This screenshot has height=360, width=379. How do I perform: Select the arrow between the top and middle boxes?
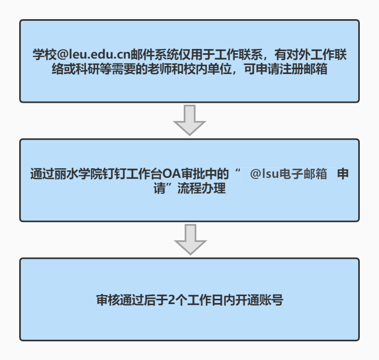(190, 120)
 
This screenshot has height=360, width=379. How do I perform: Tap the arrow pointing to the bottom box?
(190, 239)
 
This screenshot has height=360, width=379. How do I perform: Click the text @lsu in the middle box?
(265, 174)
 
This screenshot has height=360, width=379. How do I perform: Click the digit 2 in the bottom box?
(171, 300)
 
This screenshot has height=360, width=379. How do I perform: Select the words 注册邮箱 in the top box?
(303, 69)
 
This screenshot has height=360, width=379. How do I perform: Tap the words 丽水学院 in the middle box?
(78, 174)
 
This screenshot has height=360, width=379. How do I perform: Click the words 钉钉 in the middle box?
(114, 174)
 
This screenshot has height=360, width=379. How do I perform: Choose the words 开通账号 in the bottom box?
(259, 300)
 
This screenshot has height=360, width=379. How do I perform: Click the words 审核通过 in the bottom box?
(120, 300)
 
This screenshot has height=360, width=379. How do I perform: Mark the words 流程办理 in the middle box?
(201, 189)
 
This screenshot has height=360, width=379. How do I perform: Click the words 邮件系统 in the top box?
(155, 54)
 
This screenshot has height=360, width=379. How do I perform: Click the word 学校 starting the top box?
(45, 54)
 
